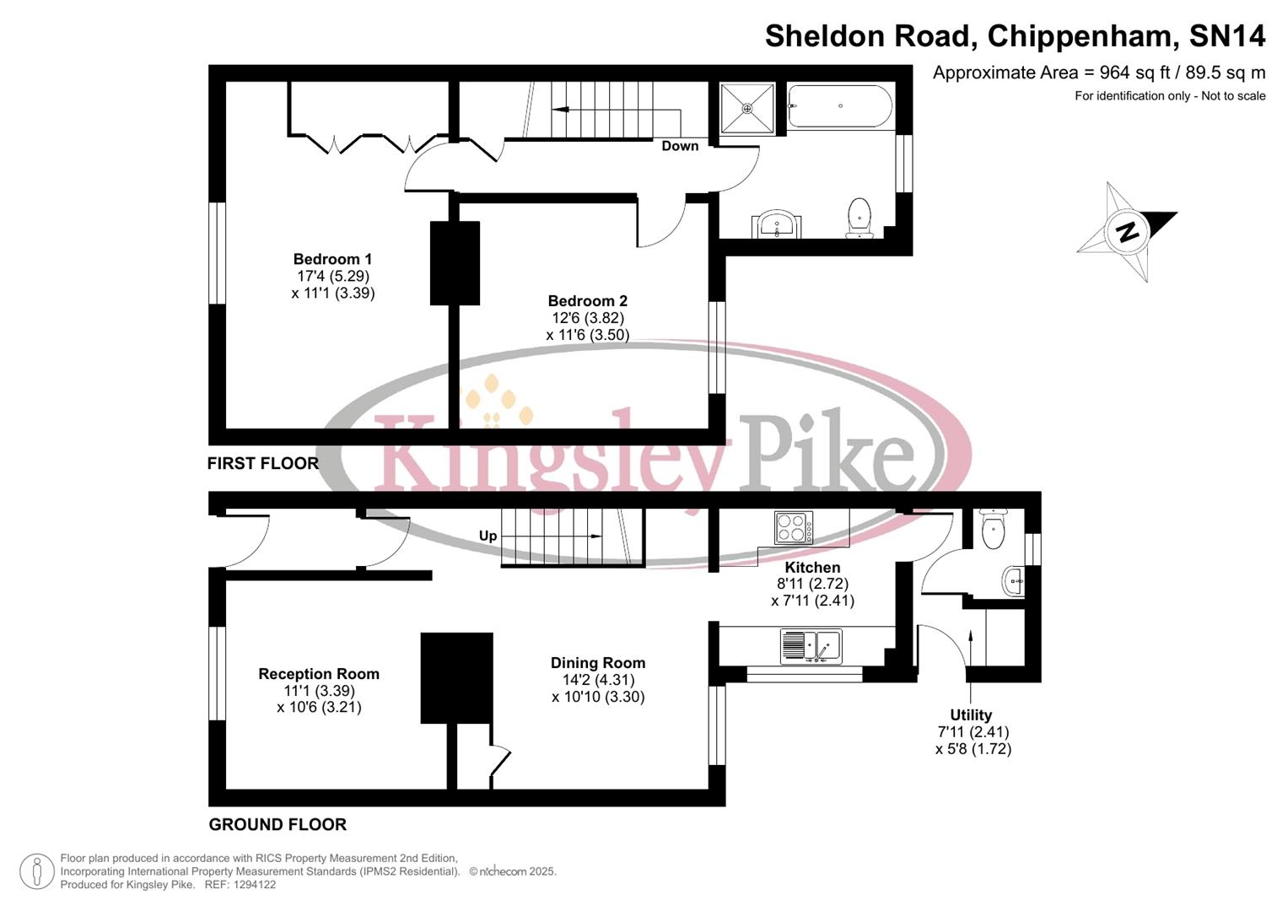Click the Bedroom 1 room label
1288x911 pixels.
[x=332, y=259]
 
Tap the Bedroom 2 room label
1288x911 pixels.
[x=587, y=301]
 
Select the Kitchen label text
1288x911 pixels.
[x=812, y=568]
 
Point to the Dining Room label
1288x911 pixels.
[x=598, y=663]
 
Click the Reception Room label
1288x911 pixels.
[x=319, y=674]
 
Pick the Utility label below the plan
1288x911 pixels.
[x=971, y=715]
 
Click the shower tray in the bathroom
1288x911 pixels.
[x=746, y=108]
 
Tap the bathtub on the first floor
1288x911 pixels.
[x=839, y=106]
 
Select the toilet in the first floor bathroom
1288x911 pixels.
[x=859, y=216]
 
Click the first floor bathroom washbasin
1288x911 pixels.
[x=776, y=224]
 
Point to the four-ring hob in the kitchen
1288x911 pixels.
[x=794, y=528]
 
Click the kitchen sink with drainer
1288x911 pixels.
[x=811, y=646]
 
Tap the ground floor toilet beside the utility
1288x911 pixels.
[x=994, y=529]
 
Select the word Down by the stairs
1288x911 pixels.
[x=680, y=146]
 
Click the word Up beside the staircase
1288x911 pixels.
[x=488, y=536]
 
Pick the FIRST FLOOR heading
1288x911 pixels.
[x=263, y=463]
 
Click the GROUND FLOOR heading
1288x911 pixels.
[x=278, y=824]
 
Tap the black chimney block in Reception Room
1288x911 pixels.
[x=456, y=678]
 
